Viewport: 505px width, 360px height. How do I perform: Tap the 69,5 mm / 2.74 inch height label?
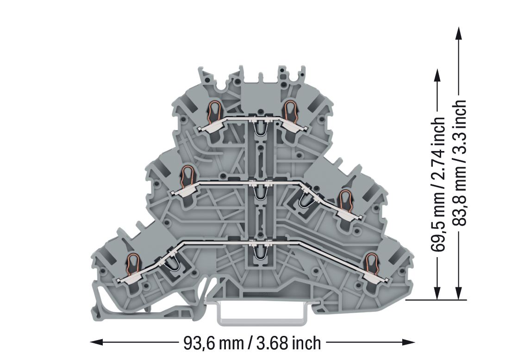coord(438,184)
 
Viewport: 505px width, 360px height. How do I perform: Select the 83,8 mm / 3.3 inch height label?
coord(459,163)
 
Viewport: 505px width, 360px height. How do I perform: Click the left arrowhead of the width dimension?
coord(96,342)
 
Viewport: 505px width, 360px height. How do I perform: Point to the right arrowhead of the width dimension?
coord(408,342)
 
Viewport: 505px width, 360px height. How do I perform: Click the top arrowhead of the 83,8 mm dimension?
coord(458,33)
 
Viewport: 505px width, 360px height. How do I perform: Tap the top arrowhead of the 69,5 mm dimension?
coord(437,76)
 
